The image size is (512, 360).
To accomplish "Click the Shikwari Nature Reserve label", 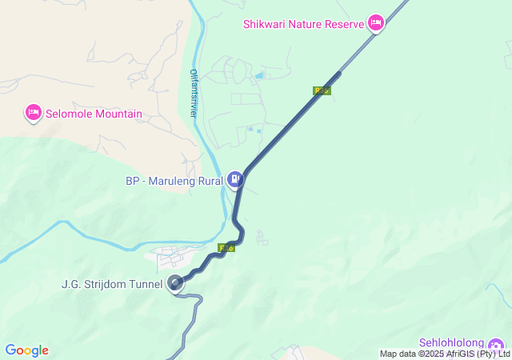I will click(x=303, y=22).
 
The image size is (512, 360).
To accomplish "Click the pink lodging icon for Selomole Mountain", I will click(x=34, y=113).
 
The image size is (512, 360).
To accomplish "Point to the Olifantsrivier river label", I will click(x=193, y=94).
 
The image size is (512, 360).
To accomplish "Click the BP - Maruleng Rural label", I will click(x=174, y=180).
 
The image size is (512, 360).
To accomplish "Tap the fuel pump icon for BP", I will click(x=234, y=179).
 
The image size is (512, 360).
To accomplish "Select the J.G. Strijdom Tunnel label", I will click(x=112, y=283).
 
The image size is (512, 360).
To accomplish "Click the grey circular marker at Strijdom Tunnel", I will click(x=176, y=283).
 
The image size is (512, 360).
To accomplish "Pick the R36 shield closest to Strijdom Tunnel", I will click(x=227, y=248).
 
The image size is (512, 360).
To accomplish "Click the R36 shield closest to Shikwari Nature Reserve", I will click(x=322, y=90).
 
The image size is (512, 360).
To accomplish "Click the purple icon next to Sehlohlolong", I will click(x=501, y=343).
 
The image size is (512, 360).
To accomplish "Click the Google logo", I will click(x=26, y=350).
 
